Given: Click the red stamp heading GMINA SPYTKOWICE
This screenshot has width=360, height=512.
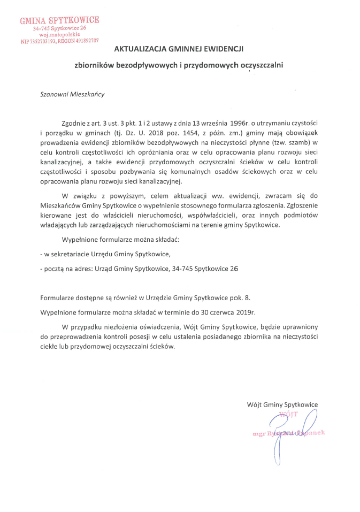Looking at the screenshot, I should tap(59, 20).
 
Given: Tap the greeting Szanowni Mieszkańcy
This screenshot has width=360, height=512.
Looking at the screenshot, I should tap(72, 94).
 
